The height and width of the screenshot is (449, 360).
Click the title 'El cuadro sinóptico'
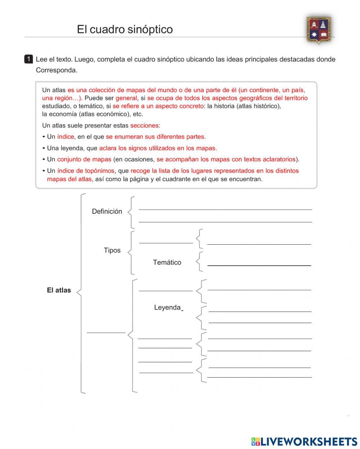click(x=125, y=29)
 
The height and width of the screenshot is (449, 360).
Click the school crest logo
click(x=319, y=30)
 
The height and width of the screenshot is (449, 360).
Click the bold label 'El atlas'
click(x=59, y=290)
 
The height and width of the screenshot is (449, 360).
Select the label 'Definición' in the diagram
click(x=107, y=212)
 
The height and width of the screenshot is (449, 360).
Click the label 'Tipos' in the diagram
click(x=112, y=250)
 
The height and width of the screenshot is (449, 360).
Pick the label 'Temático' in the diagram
click(x=167, y=262)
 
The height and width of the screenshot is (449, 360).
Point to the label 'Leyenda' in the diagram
click(x=167, y=308)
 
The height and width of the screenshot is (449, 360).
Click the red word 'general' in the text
click(x=126, y=98)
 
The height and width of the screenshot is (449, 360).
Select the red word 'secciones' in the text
click(x=144, y=126)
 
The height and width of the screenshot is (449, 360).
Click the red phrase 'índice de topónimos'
click(x=86, y=171)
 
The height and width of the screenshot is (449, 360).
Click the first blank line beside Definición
click(x=225, y=209)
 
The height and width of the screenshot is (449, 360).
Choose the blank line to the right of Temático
click(x=259, y=265)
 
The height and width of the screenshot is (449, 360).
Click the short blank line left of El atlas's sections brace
click(x=106, y=332)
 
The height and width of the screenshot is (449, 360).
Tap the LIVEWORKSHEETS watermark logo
click(x=304, y=441)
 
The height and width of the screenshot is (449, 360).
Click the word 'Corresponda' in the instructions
click(x=57, y=71)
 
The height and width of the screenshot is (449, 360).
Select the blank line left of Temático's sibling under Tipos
click(x=166, y=243)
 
